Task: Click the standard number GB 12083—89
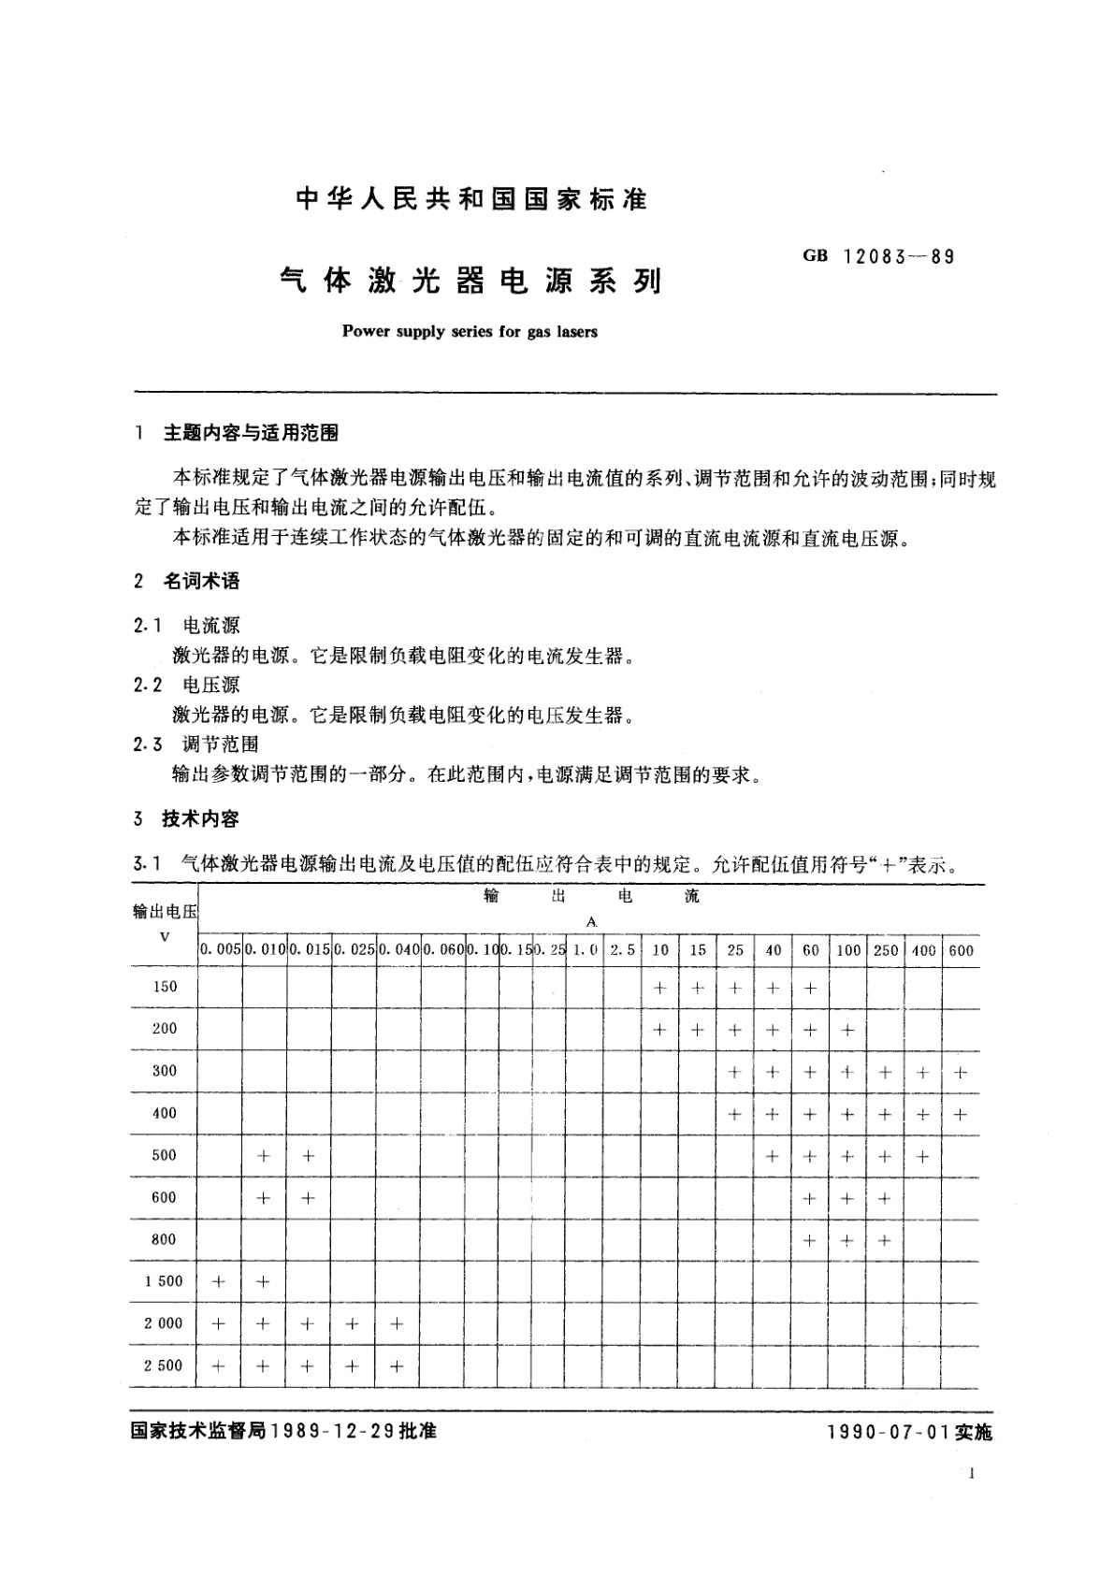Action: pos(878,256)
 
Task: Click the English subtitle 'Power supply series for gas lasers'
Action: pos(470,331)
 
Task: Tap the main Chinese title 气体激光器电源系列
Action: pos(470,281)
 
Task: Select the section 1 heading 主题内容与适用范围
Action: pos(251,433)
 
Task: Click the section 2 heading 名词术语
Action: pos(201,581)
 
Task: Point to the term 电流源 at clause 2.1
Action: pos(211,626)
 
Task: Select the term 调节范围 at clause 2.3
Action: pos(221,744)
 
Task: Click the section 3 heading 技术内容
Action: pos(201,819)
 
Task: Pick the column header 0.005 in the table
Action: pos(220,950)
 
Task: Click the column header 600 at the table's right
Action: pos(961,950)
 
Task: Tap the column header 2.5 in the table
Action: pos(622,950)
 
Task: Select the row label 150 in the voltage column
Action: pos(165,987)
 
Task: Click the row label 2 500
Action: pos(164,1365)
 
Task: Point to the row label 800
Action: pos(164,1239)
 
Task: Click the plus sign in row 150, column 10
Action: pos(660,988)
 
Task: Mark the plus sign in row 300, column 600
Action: pos(961,1072)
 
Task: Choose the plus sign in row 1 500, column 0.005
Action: pos(219,1282)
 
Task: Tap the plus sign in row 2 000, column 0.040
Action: pos(397,1324)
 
